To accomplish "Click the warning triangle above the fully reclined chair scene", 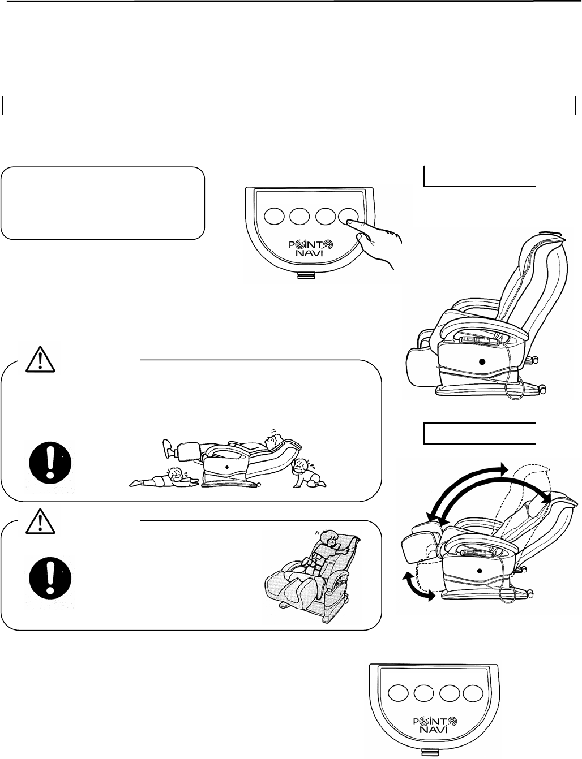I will [x=41, y=360].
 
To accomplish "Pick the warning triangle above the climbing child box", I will [x=41, y=520].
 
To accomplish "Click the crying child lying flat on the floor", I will [x=164, y=476].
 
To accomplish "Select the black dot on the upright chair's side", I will [x=482, y=361].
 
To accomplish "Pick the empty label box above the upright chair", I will [x=480, y=176].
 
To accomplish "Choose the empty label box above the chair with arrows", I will [x=480, y=433].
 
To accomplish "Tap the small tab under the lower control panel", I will [x=434, y=753].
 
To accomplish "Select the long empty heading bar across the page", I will [x=289, y=106].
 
